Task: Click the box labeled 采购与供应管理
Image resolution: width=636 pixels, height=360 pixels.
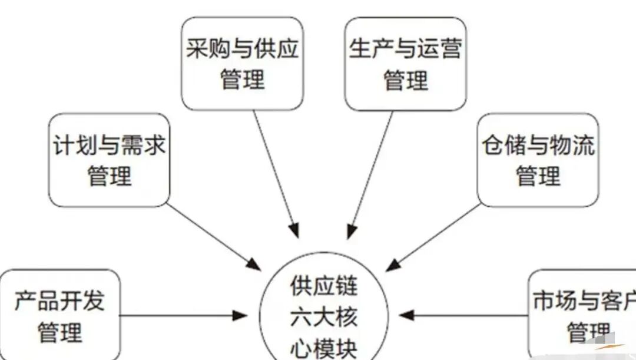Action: tap(242, 64)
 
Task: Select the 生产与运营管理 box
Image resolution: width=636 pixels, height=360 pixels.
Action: tap(405, 64)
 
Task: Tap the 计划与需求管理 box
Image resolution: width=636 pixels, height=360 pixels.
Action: tap(109, 160)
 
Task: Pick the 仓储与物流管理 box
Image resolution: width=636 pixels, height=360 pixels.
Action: tap(538, 160)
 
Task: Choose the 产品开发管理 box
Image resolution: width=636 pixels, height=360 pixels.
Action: tap(59, 315)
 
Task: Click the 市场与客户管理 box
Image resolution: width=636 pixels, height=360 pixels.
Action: tap(582, 315)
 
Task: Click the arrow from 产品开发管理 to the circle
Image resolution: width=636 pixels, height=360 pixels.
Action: tap(184, 315)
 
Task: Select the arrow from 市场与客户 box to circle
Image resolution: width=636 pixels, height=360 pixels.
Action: tap(463, 315)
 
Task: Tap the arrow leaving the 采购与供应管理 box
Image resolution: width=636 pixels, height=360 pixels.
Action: tap(276, 174)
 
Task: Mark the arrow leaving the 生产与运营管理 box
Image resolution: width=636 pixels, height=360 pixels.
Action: tap(370, 174)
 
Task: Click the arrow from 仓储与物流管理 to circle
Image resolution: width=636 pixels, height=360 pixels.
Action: tap(433, 237)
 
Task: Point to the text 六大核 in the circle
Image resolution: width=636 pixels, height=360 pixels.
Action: tap(324, 317)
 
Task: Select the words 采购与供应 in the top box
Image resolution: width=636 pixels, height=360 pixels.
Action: tap(242, 48)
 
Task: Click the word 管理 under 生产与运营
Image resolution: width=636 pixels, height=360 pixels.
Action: tap(406, 80)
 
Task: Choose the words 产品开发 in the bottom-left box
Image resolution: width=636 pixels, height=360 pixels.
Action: tap(59, 300)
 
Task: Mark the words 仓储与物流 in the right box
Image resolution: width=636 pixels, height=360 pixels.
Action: tap(538, 145)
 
